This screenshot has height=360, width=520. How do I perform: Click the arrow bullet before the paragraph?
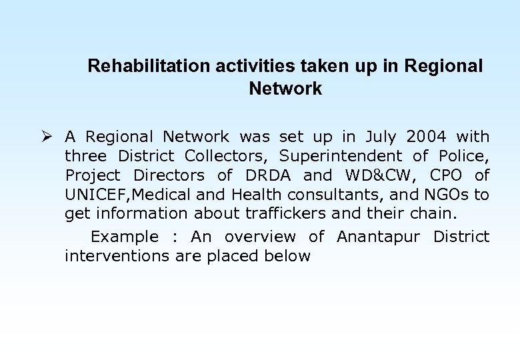(45, 137)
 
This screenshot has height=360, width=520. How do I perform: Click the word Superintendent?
(341, 156)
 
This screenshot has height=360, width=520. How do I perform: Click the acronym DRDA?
(268, 175)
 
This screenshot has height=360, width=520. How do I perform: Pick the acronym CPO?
(449, 175)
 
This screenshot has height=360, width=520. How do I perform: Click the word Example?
(124, 237)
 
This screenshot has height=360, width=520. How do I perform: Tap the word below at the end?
(286, 256)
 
